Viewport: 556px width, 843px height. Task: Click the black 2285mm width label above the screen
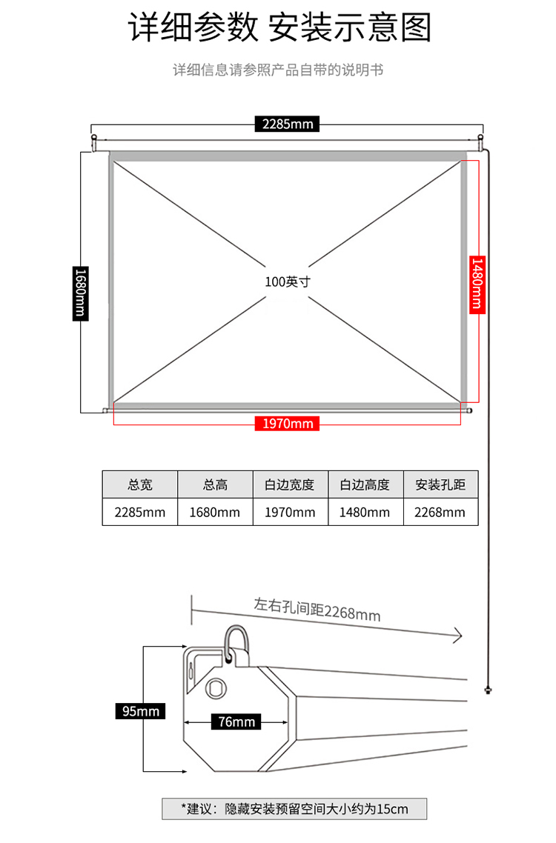(x=287, y=124)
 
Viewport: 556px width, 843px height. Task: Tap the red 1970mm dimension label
(x=288, y=424)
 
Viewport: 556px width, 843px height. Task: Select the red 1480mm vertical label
(x=477, y=284)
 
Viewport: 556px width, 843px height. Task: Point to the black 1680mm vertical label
(x=80, y=293)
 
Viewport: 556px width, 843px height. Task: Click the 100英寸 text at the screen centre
(x=288, y=281)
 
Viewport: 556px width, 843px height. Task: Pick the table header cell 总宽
(x=140, y=485)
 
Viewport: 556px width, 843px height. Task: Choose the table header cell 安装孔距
(x=440, y=485)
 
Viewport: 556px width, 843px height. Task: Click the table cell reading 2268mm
(x=440, y=513)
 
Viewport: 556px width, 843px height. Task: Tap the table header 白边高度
(x=365, y=485)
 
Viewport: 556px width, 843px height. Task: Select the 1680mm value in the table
(x=215, y=513)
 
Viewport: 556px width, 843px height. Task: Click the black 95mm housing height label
(x=140, y=711)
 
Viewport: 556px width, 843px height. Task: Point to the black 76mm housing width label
(x=236, y=722)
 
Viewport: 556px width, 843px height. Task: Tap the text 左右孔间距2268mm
(x=317, y=610)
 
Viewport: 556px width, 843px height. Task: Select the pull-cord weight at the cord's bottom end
(x=488, y=690)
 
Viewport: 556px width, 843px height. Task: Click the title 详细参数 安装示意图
(x=279, y=27)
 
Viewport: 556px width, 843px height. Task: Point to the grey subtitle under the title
(x=278, y=70)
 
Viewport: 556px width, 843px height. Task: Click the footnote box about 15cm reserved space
(x=294, y=809)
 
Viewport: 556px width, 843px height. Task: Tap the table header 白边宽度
(x=290, y=485)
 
